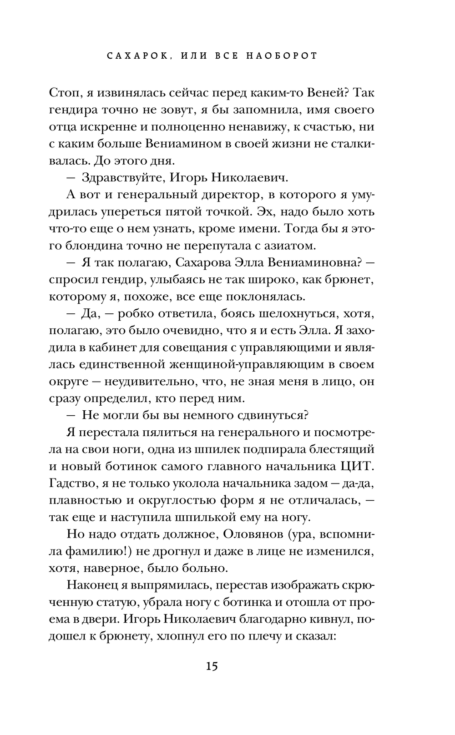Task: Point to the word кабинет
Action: (111, 348)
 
